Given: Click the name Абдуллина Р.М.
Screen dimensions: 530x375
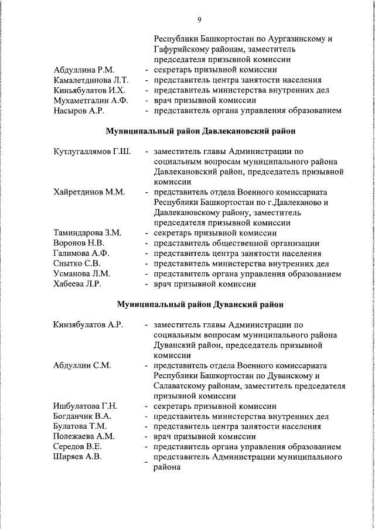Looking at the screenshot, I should click(x=83, y=70).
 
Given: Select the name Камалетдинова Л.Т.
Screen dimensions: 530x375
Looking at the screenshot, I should click(x=91, y=80).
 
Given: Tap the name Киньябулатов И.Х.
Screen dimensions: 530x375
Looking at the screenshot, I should click(x=88, y=90).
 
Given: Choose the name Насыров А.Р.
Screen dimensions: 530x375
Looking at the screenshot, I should click(x=79, y=111).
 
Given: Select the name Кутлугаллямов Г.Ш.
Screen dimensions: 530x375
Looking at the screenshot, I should click(x=92, y=152).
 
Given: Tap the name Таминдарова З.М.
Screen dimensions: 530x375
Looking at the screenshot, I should click(x=87, y=232).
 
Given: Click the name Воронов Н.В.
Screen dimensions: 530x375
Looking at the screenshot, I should click(x=79, y=243).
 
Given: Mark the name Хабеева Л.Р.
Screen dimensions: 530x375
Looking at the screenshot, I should click(x=77, y=284).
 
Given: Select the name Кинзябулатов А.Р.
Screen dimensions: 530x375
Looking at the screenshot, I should click(x=88, y=325).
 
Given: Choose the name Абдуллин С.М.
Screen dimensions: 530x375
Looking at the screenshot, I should click(x=81, y=365).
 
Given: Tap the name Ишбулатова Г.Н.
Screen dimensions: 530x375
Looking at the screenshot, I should click(x=86, y=406).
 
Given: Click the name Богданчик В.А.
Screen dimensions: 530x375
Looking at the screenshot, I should click(x=83, y=416).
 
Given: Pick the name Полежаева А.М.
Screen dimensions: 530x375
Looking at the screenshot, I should click(x=84, y=436).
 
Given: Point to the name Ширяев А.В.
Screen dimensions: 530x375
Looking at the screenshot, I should click(x=77, y=457).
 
